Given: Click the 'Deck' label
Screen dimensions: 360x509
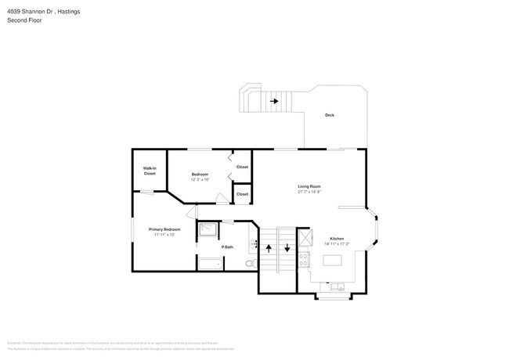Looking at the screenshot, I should (330, 115).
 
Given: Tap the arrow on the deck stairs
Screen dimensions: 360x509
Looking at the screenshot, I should (274, 101).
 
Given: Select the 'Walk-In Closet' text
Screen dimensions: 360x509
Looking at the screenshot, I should (149, 171).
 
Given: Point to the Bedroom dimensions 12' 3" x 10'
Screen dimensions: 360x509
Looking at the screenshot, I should (200, 179).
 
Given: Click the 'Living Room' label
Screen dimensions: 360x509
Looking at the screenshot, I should (309, 185).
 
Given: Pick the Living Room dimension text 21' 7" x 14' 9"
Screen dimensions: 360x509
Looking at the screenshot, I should (309, 192).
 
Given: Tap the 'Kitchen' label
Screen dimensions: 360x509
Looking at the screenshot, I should (337, 238).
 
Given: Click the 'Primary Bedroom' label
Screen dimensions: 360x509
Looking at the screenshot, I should (164, 229).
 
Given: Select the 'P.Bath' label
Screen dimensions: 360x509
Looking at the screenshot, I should (228, 247).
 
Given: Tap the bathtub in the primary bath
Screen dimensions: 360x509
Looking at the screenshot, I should (209, 264).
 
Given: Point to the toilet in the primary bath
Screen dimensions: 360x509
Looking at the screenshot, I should (249, 265).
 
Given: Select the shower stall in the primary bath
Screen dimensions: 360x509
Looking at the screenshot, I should (208, 230).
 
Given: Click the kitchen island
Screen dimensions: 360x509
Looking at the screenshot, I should (338, 264).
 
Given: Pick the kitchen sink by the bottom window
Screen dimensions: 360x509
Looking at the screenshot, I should (338, 288).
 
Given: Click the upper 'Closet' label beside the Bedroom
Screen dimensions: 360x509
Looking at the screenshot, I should (242, 167).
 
